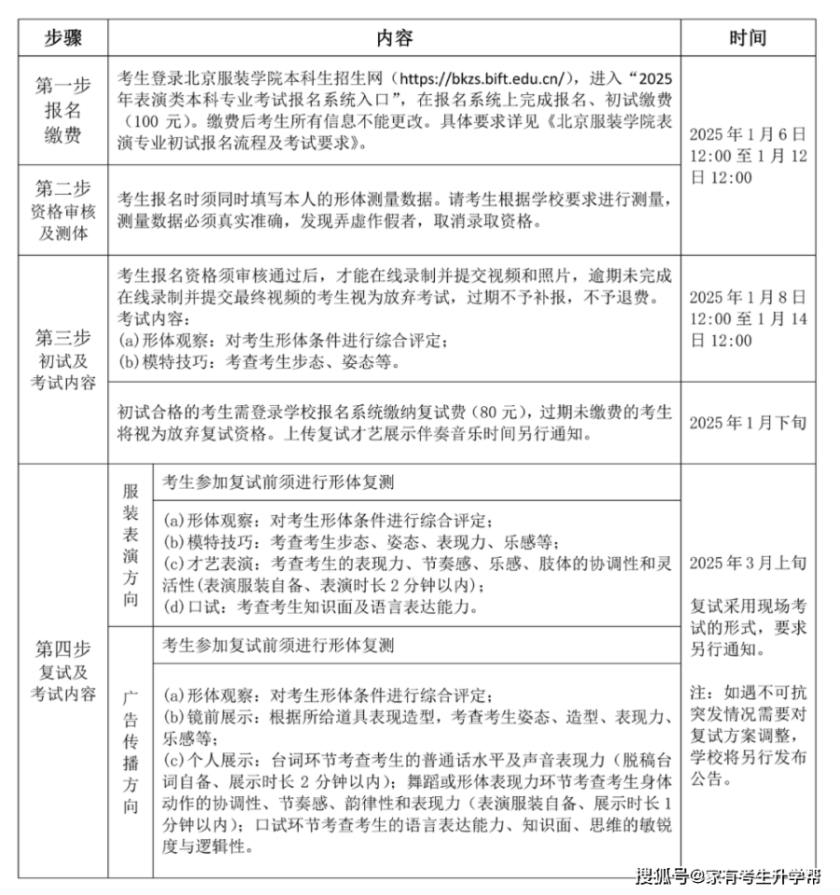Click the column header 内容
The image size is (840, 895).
tap(394, 38)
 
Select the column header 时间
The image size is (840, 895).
tap(748, 38)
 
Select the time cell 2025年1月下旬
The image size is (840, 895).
tap(748, 423)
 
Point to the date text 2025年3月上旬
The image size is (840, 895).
tap(748, 563)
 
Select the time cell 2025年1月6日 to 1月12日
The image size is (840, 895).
tap(748, 156)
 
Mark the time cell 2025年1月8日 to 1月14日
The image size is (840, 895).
tap(748, 319)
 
